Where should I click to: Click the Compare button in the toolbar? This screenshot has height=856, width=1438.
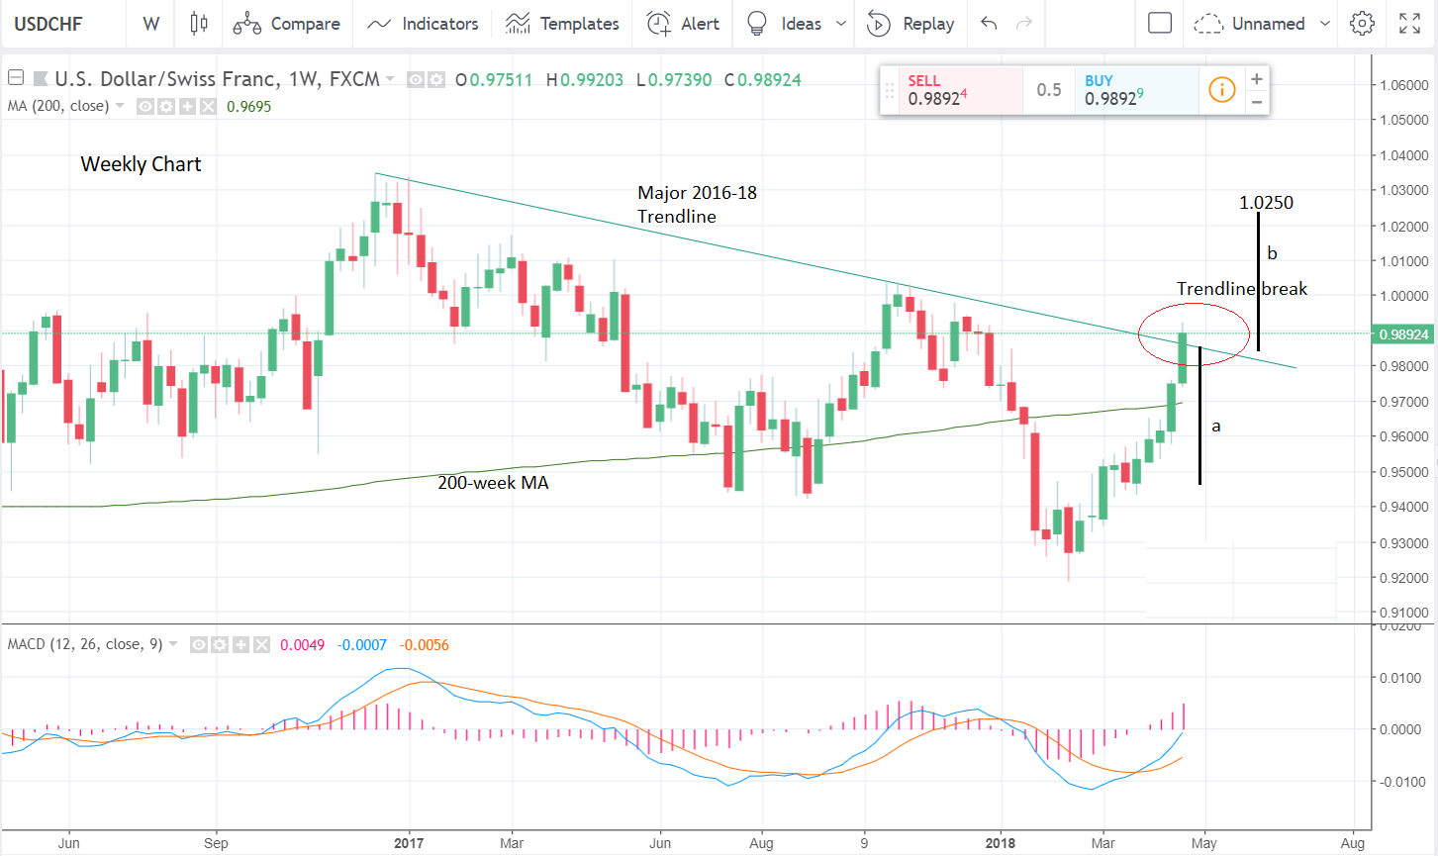pos(287,24)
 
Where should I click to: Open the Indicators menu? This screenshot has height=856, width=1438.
pos(423,24)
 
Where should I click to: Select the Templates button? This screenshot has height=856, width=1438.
pos(562,24)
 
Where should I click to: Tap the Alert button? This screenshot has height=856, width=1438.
pos(683,24)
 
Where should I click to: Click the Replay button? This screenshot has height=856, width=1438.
pos(911,24)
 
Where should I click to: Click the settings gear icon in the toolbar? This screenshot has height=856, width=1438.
pos(1363,24)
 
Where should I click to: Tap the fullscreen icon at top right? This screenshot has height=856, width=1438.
pos(1410,24)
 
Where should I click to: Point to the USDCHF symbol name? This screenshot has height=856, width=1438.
pos(48,24)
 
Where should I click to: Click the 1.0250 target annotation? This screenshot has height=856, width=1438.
pos(1266,203)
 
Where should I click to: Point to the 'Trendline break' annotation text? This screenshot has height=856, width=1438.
pos(1241,289)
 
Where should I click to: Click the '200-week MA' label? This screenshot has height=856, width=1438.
pos(493,483)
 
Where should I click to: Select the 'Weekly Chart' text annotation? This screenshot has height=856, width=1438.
pos(141,164)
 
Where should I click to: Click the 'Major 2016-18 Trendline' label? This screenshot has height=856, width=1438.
pos(697,205)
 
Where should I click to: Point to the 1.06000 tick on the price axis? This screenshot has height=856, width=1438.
pos(1403,85)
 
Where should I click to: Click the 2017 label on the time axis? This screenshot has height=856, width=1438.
pos(409,843)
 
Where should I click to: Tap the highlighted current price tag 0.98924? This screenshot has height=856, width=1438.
pos(1403,334)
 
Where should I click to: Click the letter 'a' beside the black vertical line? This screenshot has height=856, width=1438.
pos(1216,427)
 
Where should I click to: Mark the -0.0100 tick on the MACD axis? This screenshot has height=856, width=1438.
pos(1403,782)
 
